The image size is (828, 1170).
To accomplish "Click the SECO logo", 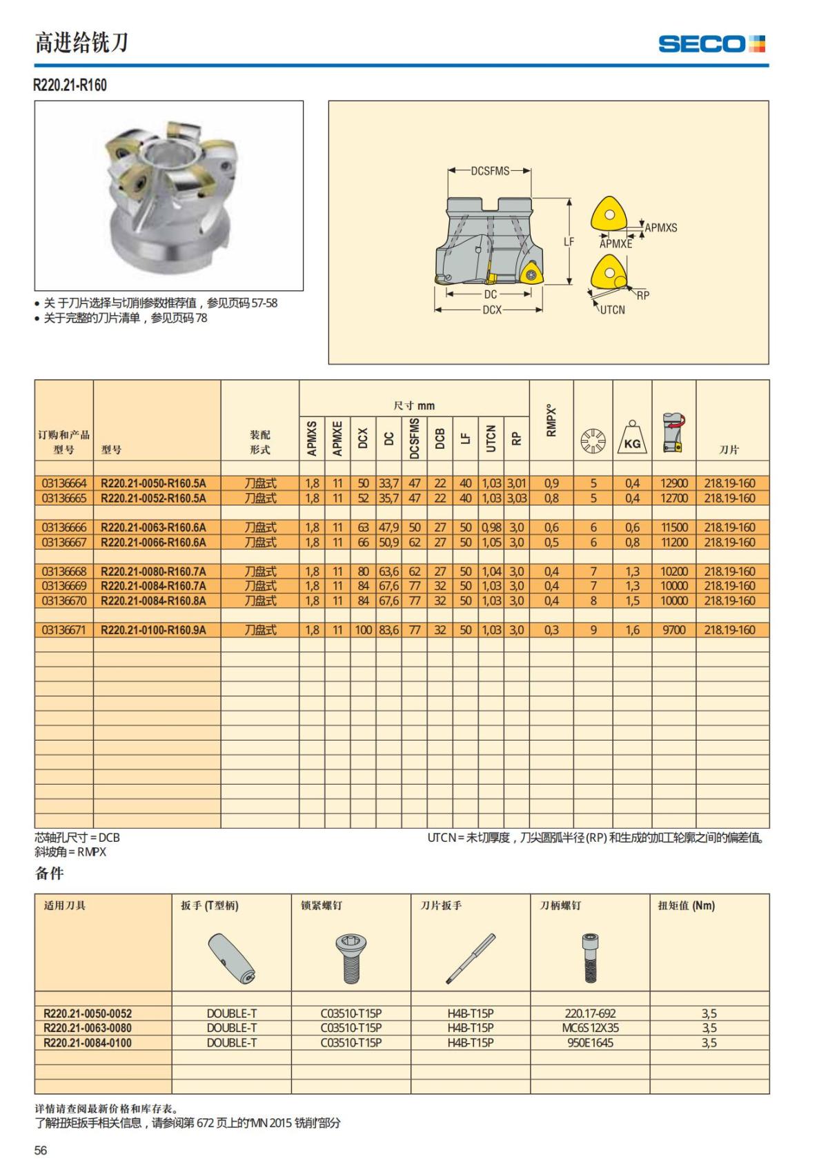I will (711, 44).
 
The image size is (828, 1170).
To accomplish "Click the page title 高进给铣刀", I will (81, 43).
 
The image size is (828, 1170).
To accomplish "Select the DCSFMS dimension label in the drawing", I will (490, 171).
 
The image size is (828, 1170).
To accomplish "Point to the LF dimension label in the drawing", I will (569, 242).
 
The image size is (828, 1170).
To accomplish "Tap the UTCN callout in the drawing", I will (612, 310).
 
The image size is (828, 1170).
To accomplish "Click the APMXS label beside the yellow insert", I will (661, 228).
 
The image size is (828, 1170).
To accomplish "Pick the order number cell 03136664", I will (64, 483).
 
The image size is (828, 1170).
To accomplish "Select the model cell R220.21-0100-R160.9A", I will (153, 630).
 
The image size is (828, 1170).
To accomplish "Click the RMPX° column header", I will (551, 420).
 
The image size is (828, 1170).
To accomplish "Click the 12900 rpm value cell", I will (674, 483).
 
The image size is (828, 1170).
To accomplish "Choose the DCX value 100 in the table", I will (364, 630).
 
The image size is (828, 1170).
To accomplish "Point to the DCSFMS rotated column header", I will (415, 438).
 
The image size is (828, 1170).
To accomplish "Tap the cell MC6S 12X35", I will (590, 1028).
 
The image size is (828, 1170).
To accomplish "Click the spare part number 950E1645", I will (590, 1042).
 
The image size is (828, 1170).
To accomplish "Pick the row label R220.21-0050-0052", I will (88, 1013).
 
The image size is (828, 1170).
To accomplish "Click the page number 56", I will (41, 1150).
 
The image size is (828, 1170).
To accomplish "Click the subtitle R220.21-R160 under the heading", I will (70, 85).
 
